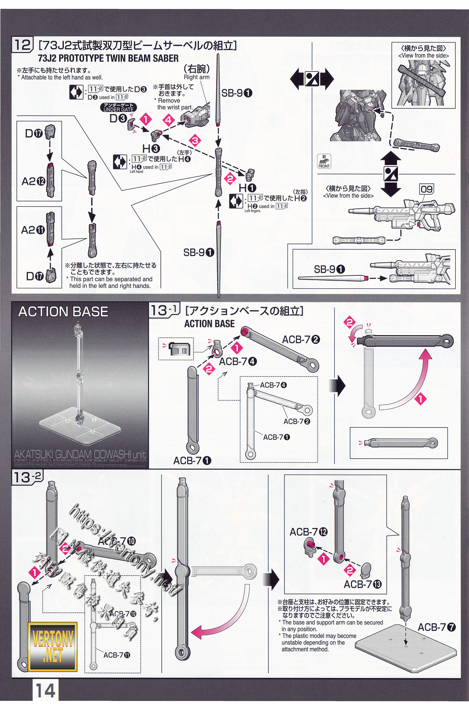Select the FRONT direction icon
tap(324, 162)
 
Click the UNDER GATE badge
tap(119, 107)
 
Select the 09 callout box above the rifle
tap(426, 189)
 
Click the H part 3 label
tap(151, 148)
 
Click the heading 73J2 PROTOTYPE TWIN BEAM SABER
tap(108, 58)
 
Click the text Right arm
tap(196, 77)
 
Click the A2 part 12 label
tap(33, 181)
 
